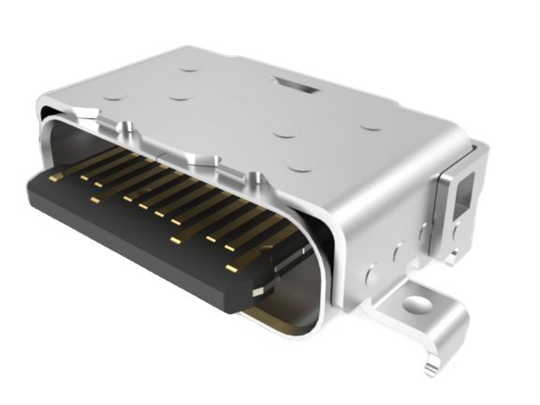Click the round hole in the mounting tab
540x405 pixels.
point(413,304)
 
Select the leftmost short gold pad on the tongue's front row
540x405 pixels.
point(95,199)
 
